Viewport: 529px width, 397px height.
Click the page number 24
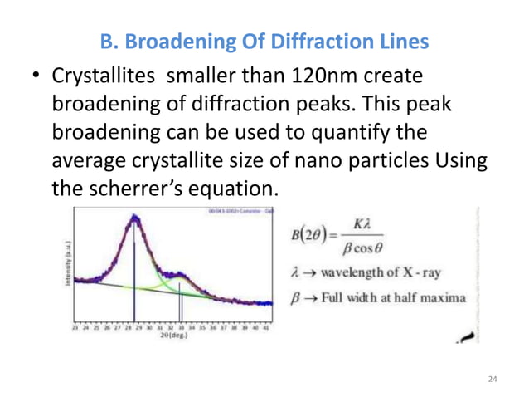[x=493, y=379]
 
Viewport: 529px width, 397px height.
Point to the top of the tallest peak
[x=133, y=217]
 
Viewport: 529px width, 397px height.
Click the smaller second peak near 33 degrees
[x=180, y=272]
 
